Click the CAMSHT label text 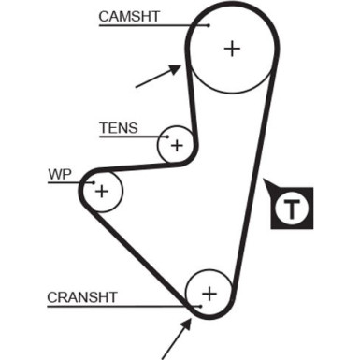coord(130,16)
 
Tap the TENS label coord(118,127)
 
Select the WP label coord(59,173)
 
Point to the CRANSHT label coord(82,297)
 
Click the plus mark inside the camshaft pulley coord(231,49)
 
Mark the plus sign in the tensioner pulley coord(175,145)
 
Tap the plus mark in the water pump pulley coord(102,192)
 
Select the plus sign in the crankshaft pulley coord(209,293)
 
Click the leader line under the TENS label coord(131,137)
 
